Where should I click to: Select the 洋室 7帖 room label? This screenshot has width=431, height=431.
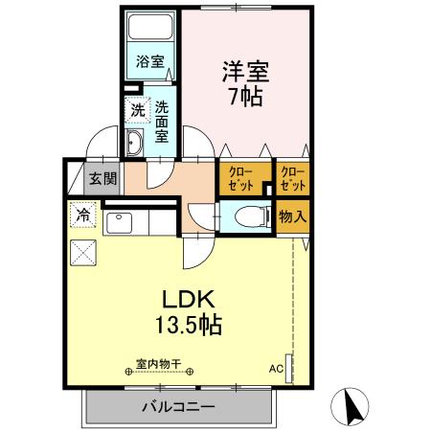246,83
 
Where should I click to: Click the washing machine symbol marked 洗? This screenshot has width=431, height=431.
139,111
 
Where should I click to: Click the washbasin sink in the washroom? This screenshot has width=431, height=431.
135,145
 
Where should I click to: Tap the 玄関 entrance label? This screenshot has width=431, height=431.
102,177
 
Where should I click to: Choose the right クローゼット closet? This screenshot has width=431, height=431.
292,177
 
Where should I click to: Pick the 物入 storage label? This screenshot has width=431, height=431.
292,216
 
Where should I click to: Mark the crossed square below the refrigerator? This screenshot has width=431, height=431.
83,254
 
